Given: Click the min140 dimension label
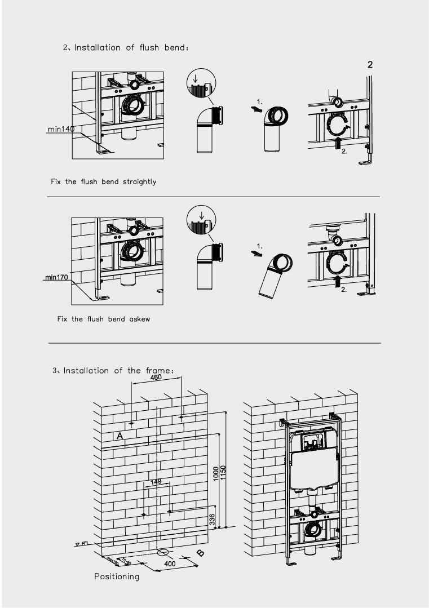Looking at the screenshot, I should coord(61,130).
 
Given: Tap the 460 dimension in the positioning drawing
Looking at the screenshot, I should coord(156,378).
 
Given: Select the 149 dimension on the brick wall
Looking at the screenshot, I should coord(156,481).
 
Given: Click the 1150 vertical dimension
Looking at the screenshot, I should coord(223,472).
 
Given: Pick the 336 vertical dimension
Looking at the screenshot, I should coord(212,519).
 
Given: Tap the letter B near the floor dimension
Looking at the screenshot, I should coord(200,553).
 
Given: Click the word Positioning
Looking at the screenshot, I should coord(116,576).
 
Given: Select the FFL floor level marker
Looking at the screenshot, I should coord(83,544).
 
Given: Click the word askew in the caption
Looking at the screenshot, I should coord(138,319).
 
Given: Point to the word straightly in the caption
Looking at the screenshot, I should coord(139,182).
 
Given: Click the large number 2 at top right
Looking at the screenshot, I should coord(370,65).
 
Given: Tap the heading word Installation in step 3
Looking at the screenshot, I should coord(85,370).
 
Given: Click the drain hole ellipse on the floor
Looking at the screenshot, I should coord(164,551).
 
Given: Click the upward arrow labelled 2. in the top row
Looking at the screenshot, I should coord(337,143).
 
